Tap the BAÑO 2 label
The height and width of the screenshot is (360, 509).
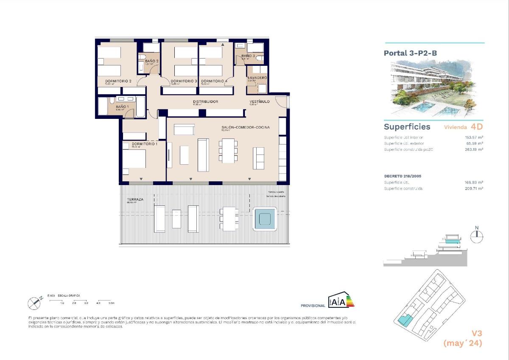coord(151,61)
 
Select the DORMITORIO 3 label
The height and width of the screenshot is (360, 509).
coord(184,81)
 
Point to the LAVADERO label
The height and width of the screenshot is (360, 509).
coord(257,78)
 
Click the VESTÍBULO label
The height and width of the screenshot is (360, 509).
coord(259,101)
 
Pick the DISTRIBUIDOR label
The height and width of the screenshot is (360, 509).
coord(205,101)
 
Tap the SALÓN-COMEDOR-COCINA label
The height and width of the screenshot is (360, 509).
coord(245,127)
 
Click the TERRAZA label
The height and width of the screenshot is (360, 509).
coord(134,199)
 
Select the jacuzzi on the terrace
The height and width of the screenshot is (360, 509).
coord(265,219)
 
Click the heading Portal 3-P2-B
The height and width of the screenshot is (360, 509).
coord(410,53)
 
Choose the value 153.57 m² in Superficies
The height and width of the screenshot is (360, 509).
coord(475,138)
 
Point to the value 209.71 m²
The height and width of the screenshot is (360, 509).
coord(474,188)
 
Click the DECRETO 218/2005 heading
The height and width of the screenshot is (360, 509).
coord(403,176)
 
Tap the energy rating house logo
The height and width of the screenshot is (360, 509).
coord(341,300)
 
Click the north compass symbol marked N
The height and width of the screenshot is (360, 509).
coord(477,236)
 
